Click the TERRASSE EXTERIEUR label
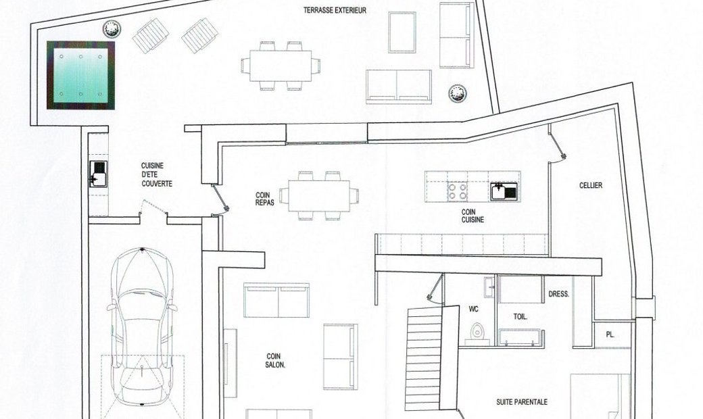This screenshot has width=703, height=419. pos(335,10)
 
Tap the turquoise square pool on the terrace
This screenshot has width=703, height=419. pos(80,75)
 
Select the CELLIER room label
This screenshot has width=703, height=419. pos(591,185)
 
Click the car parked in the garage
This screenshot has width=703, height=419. pos(142,327)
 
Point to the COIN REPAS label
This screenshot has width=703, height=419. pos(264,199)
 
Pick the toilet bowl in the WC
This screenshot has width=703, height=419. pos(476,330)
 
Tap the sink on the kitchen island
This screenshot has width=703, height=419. pos(504,191)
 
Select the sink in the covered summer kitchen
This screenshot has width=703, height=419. pos(98,174)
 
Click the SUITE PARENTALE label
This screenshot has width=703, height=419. pos(522,402)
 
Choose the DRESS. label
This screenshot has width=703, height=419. pos(558,295)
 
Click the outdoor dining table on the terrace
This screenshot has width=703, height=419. pos(281,66)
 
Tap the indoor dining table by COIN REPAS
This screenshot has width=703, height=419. pos(319,196)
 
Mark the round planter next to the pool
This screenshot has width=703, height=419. pos(111,29)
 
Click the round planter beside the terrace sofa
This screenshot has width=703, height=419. pos(458,93)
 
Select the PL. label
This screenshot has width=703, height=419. pos(610,335)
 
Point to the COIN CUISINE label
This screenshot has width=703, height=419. pos(472,216)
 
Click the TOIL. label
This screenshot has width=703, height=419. pos(520,316)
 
